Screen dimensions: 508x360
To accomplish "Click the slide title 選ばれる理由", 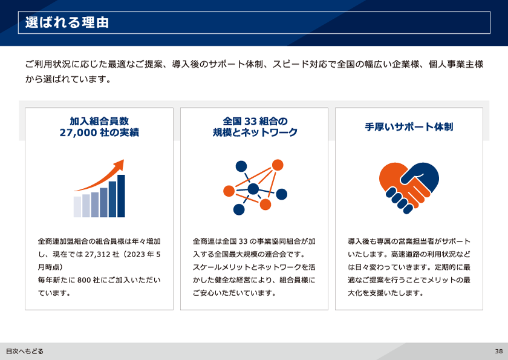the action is (67, 22).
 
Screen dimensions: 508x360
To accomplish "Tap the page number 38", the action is (498, 352).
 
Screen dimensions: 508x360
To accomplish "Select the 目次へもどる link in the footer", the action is (25, 352).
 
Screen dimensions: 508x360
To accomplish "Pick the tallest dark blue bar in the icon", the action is (121, 196).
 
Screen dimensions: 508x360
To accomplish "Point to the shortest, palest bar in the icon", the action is (77, 207).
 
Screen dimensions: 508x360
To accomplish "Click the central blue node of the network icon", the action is (253, 189).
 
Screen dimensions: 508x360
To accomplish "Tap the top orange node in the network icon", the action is (278, 165).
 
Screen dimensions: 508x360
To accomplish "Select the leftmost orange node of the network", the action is (229, 191).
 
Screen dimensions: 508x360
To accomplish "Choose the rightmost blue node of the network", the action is (282, 194).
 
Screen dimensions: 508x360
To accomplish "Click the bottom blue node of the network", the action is (239, 209).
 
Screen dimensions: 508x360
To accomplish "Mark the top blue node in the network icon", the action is (241, 166).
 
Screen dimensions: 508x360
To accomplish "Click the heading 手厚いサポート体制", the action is (409, 126).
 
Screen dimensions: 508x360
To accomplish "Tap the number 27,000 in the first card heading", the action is (79, 133).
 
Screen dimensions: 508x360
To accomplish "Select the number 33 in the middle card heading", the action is (250, 121).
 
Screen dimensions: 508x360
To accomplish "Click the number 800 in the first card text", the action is (84, 280).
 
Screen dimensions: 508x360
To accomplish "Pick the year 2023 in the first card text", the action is (135, 254).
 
